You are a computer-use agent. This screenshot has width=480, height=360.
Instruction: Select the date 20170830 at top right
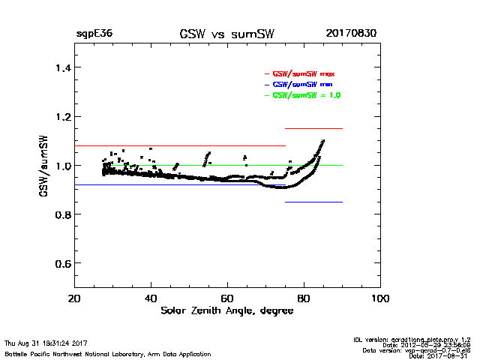[351, 34]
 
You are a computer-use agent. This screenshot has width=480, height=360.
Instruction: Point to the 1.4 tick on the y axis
[58, 68]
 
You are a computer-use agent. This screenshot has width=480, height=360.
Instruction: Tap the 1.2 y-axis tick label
[58, 117]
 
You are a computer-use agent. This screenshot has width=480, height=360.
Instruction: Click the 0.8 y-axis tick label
[58, 215]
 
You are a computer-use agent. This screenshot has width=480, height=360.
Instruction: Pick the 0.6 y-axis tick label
[58, 264]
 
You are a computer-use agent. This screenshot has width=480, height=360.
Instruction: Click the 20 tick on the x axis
[73, 298]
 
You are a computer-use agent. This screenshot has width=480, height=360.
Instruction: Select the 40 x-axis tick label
[151, 298]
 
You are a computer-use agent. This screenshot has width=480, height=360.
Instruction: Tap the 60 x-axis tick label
[227, 298]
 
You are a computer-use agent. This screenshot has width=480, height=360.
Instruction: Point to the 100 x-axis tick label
[380, 298]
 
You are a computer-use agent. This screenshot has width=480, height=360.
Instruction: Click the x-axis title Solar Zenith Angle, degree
[226, 311]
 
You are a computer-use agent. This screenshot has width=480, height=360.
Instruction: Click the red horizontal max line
[180, 145]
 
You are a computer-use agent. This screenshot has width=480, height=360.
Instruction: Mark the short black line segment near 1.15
[313, 129]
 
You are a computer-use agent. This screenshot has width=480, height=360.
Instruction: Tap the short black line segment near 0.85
[313, 202]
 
